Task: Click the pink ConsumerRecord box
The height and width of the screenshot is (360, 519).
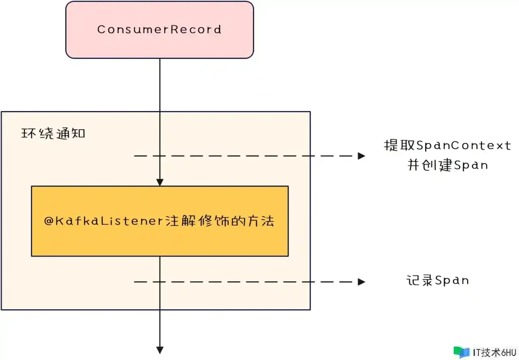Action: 159,45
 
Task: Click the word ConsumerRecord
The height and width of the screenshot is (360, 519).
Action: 159,30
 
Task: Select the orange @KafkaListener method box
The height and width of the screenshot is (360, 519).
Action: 159,239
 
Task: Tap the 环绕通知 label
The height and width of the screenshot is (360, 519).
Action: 53,133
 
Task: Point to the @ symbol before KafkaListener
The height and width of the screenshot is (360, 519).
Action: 48,221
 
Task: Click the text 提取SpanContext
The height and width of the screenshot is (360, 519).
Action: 447,146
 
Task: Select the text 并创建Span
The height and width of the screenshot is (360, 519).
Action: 447,165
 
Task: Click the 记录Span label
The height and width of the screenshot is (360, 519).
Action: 438,281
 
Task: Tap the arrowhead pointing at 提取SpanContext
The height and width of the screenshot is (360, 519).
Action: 361,156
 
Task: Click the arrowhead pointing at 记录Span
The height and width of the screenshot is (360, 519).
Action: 361,282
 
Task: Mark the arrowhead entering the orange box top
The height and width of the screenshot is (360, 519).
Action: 160,182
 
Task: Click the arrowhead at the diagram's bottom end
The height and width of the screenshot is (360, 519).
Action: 160,350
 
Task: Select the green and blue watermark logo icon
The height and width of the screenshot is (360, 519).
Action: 461,352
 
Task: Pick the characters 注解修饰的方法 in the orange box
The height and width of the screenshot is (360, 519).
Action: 220,221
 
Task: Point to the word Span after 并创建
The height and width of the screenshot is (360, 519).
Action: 471,165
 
